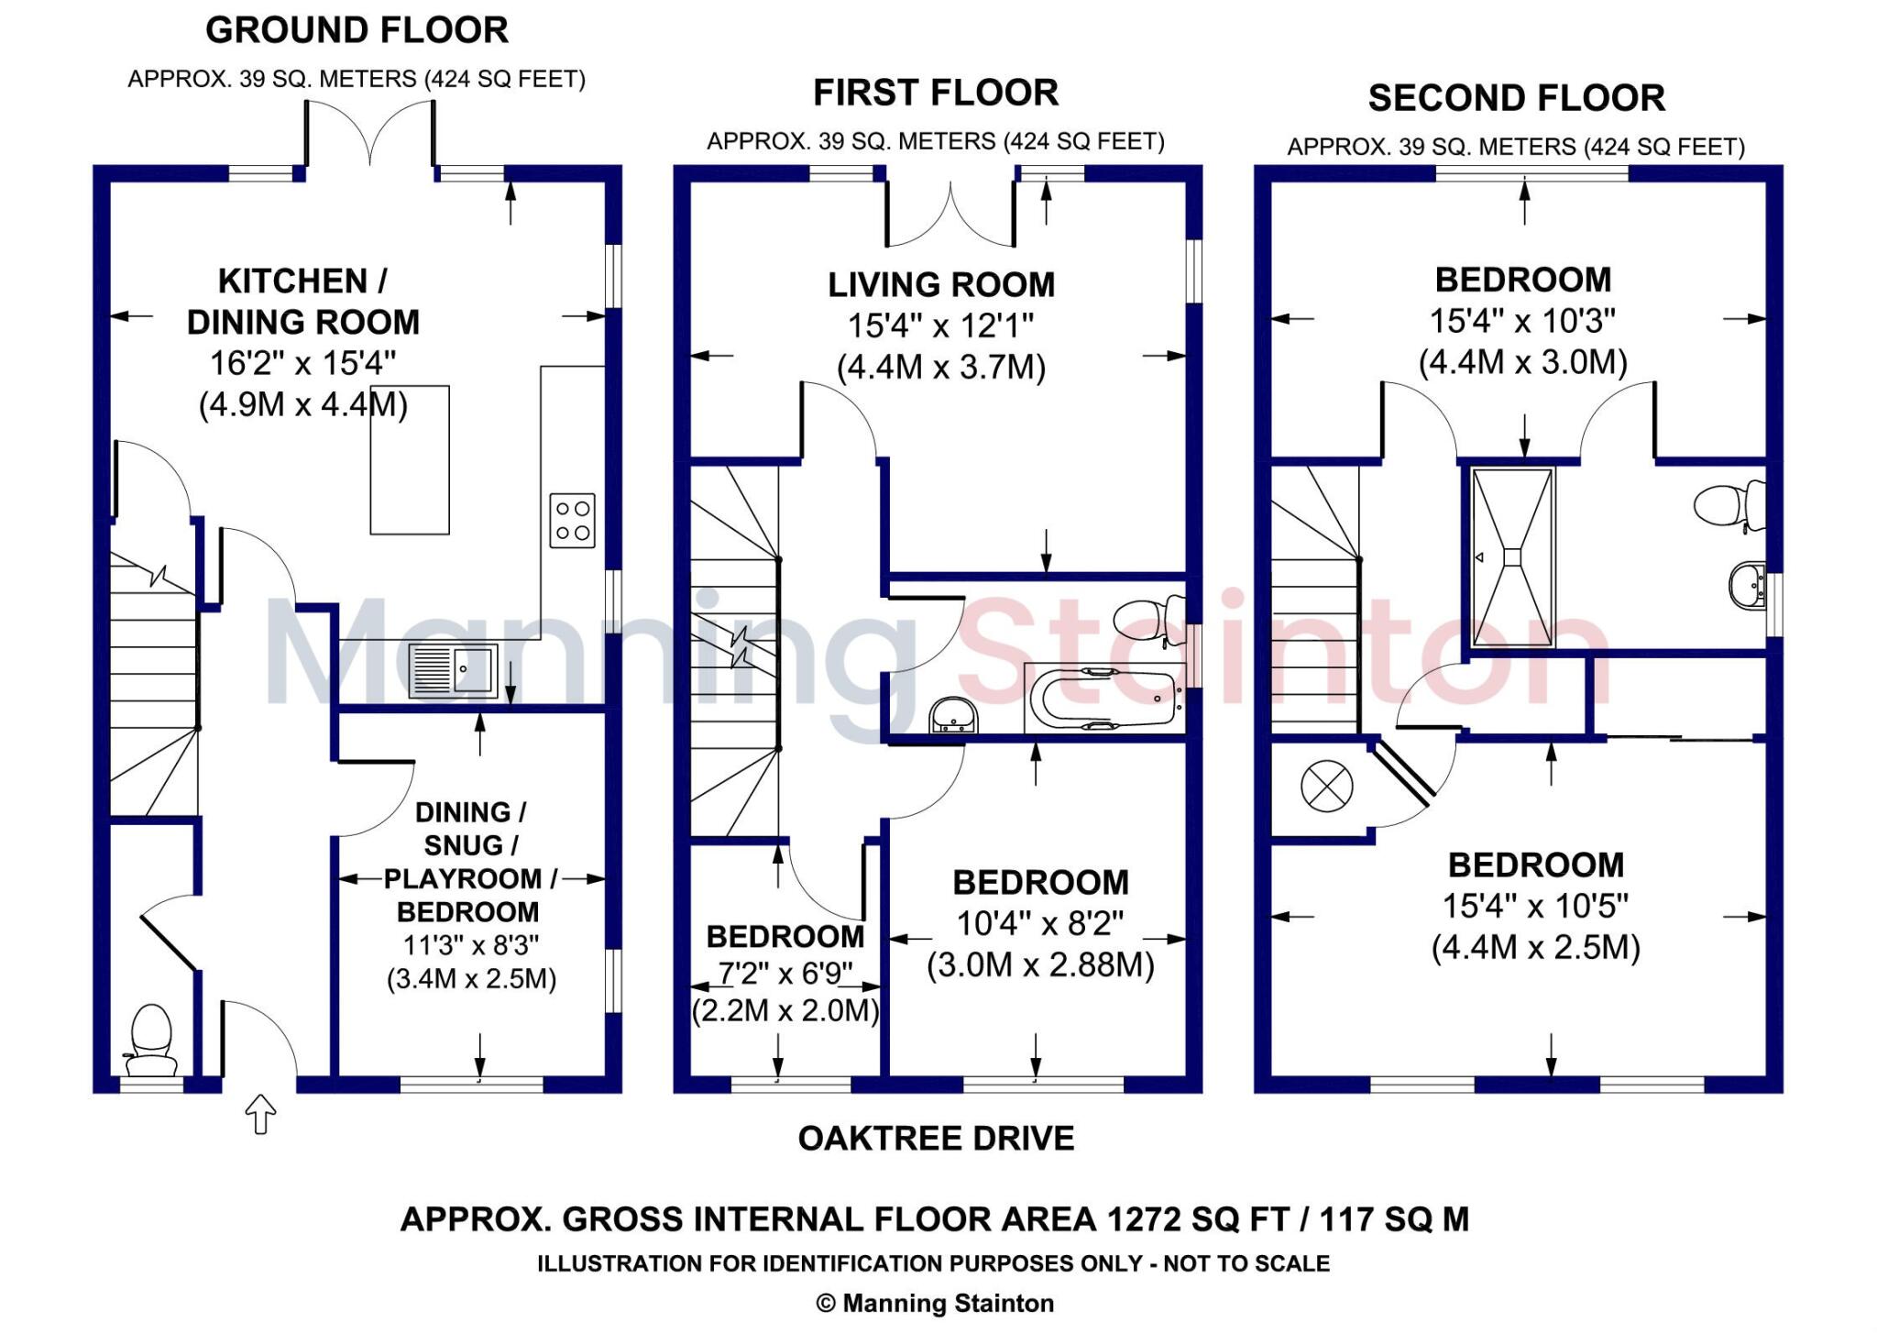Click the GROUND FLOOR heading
(x=357, y=30)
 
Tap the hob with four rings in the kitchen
(x=572, y=521)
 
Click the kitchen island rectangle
(x=410, y=459)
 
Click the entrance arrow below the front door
(x=261, y=1114)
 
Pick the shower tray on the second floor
(x=1513, y=557)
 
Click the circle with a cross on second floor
(x=1326, y=787)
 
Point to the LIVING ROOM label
(x=941, y=285)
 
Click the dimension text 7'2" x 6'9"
(x=785, y=973)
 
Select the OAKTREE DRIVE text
(x=936, y=1139)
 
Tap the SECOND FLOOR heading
(x=1516, y=98)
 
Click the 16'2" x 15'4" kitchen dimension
(x=303, y=363)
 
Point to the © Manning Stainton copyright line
(x=935, y=1303)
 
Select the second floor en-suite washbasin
(x=1747, y=585)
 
